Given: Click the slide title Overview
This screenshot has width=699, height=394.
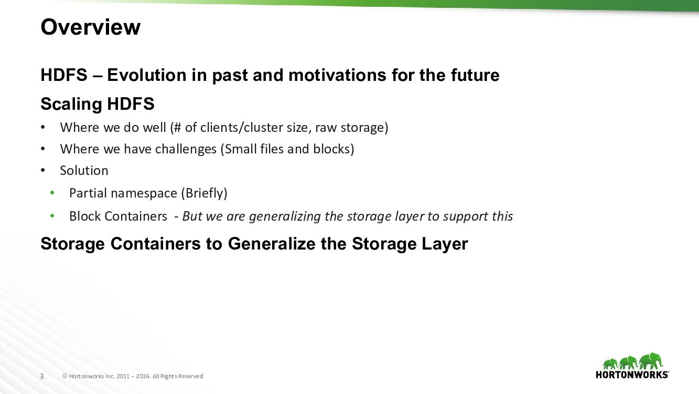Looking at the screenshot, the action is pos(91,27).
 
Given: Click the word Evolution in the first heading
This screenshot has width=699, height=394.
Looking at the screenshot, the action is pos(147,75).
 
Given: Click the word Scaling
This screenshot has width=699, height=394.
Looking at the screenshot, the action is pos(71,104).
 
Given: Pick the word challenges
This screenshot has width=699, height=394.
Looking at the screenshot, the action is pos(186,149).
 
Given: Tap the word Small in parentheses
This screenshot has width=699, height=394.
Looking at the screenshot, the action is pos(236,149).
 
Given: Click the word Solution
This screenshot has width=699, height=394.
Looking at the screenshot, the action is pos(84,170).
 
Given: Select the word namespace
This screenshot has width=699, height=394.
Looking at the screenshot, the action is pos(144,193).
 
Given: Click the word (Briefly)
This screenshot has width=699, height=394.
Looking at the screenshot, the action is pos(204,193).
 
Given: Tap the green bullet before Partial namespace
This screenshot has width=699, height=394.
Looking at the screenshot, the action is pos(52,193).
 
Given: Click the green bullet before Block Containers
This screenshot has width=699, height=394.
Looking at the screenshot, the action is pos(52,215).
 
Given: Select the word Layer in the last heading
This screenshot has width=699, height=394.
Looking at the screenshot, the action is pos(445,244).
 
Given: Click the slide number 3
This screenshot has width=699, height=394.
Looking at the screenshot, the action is pos(42,376).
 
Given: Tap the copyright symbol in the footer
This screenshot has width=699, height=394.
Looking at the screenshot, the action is pos(65,376).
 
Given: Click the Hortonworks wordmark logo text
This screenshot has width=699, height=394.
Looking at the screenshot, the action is pos(632,374).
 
